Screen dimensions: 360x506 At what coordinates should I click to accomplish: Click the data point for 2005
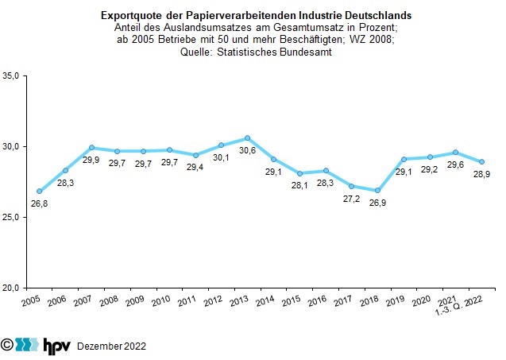pos(39,192)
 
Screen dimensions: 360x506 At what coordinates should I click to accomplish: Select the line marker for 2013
pos(247,138)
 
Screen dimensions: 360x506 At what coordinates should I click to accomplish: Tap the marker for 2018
pos(377,191)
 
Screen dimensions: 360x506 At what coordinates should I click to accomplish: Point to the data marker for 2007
pos(91,148)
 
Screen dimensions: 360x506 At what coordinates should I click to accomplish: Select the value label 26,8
pos(39,203)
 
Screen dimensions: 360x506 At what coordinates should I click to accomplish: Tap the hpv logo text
pos(55,345)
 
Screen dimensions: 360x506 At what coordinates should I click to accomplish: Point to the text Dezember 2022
pos(111,346)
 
